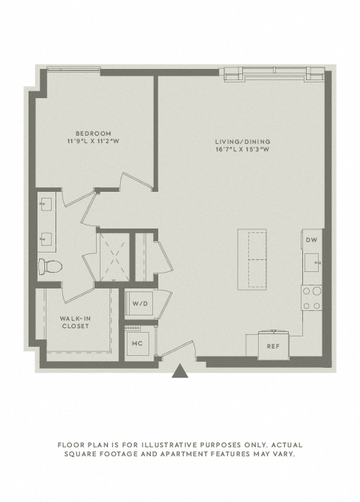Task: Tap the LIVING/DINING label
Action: pos(243,142)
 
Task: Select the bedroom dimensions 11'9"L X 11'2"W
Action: pos(93,141)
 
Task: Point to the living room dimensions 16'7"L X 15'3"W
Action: pos(242,149)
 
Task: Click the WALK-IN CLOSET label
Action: pos(75,322)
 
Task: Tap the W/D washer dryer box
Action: pos(140,303)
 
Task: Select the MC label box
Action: pos(137,343)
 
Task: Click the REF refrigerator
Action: pos(273,345)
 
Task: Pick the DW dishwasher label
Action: pos(311,240)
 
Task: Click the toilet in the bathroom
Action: pos(50,267)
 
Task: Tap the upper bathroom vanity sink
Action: pos(46,205)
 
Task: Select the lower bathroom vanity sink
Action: pos(46,239)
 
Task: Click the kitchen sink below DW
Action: pos(312,262)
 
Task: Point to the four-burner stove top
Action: pos(311,298)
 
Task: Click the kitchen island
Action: pos(252,260)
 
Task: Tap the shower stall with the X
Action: pos(115,258)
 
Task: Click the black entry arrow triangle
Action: pos(180,371)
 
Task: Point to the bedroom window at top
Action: pos(73,68)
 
